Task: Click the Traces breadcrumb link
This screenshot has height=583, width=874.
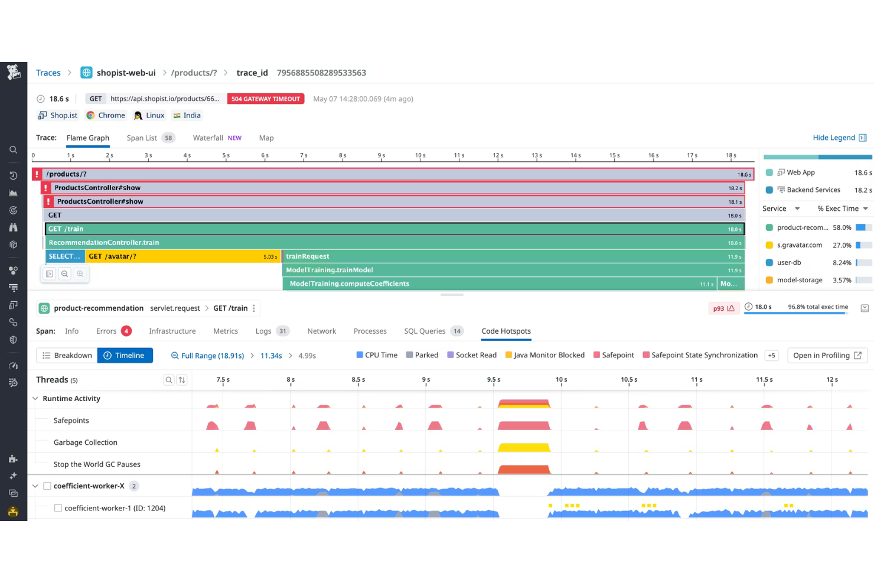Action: point(48,73)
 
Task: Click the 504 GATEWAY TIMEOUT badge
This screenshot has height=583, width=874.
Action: point(265,99)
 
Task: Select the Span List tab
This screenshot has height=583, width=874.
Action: point(142,138)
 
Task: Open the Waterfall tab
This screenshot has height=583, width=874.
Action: point(208,138)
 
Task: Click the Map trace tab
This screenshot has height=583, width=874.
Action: point(266,138)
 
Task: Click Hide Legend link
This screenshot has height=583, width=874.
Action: point(833,138)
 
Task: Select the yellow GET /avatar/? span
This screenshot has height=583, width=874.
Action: point(177,256)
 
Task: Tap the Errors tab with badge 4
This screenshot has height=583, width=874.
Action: point(106,331)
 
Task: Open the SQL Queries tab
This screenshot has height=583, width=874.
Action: point(424,331)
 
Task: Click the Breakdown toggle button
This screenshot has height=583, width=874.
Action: point(67,356)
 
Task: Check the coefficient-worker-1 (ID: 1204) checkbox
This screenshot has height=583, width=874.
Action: point(58,508)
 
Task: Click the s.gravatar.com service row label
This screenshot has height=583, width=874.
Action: point(799,245)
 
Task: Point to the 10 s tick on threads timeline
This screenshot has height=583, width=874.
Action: point(561,380)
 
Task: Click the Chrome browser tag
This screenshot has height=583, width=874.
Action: point(111,116)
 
